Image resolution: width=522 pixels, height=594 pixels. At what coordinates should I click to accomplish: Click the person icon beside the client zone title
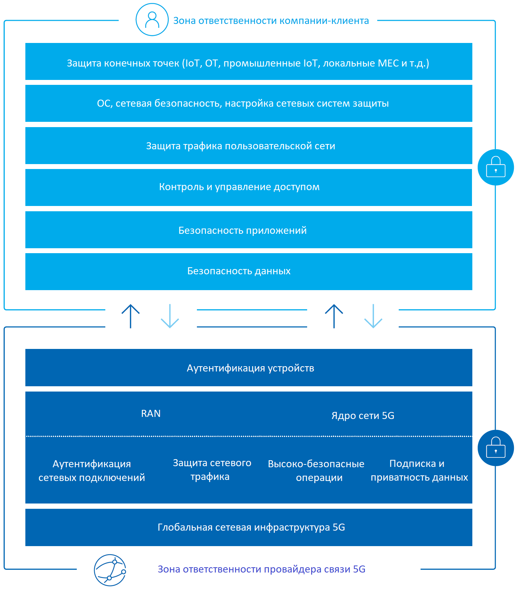tap(152, 20)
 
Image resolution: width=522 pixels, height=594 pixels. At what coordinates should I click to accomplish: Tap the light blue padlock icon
tap(496, 167)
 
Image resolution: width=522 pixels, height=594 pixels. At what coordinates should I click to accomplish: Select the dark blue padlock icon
tap(496, 448)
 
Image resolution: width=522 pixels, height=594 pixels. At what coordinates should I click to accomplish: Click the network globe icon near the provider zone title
tap(110, 570)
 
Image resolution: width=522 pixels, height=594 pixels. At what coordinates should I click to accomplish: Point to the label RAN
tap(151, 413)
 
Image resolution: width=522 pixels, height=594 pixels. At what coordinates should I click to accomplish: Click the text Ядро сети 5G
tap(363, 416)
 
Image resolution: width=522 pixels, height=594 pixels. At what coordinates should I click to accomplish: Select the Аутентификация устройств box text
tap(250, 368)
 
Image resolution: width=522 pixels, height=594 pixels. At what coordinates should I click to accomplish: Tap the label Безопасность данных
tap(239, 271)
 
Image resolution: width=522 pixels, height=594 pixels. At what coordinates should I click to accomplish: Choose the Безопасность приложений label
tap(243, 231)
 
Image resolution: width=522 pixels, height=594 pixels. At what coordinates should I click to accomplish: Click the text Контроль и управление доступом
tap(240, 187)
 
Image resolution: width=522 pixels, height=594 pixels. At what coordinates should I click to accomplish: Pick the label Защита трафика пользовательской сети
tap(241, 146)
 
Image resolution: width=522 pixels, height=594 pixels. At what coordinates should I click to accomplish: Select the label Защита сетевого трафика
tap(212, 470)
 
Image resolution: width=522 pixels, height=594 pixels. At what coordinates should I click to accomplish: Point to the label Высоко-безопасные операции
tap(316, 471)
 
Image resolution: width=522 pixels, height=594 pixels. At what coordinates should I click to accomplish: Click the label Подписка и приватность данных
tap(419, 470)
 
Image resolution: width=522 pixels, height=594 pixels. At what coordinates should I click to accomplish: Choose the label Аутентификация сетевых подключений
tap(92, 471)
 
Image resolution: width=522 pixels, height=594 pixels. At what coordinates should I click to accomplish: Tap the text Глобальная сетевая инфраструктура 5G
tap(251, 527)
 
